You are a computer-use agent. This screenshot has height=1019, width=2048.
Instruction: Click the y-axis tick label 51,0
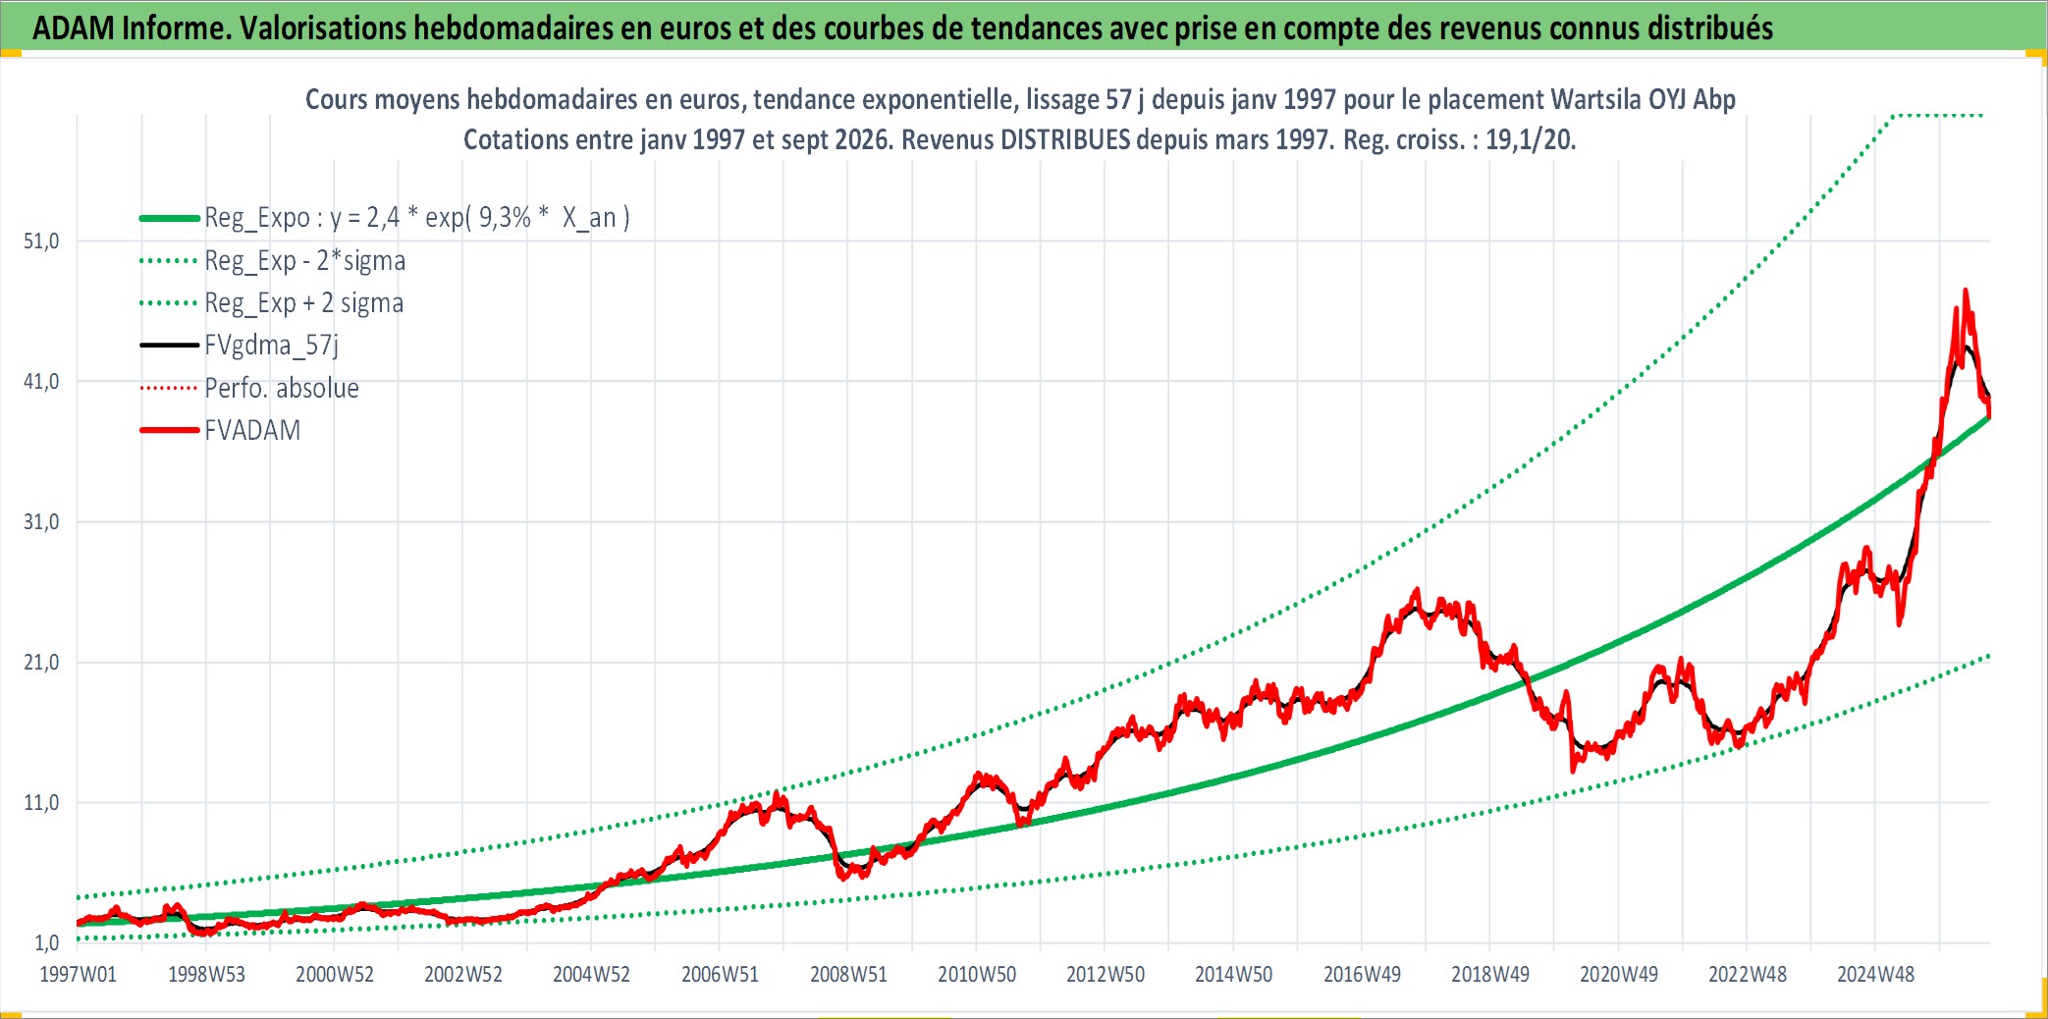pyautogui.click(x=41, y=241)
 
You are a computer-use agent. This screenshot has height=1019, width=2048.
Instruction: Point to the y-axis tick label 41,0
pyautogui.click(x=41, y=382)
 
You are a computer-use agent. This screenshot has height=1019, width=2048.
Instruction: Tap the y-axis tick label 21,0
pyautogui.click(x=41, y=663)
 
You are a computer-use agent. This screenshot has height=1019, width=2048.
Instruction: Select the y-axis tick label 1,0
pyautogui.click(x=47, y=943)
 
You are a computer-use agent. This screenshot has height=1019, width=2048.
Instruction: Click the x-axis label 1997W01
pyautogui.click(x=78, y=975)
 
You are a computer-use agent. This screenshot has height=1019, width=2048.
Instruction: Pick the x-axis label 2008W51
pyautogui.click(x=848, y=975)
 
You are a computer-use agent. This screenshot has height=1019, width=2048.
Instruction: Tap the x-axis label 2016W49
pyautogui.click(x=1362, y=975)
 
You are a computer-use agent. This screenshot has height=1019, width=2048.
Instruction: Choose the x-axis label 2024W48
pyautogui.click(x=1875, y=975)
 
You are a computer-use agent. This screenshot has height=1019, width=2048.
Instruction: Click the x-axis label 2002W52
pyautogui.click(x=463, y=975)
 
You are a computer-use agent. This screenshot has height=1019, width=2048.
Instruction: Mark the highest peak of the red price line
pyautogui.click(x=1965, y=290)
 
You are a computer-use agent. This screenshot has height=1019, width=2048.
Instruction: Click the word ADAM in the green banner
pyautogui.click(x=74, y=28)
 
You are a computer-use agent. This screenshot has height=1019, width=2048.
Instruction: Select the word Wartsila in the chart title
pyautogui.click(x=1591, y=99)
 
